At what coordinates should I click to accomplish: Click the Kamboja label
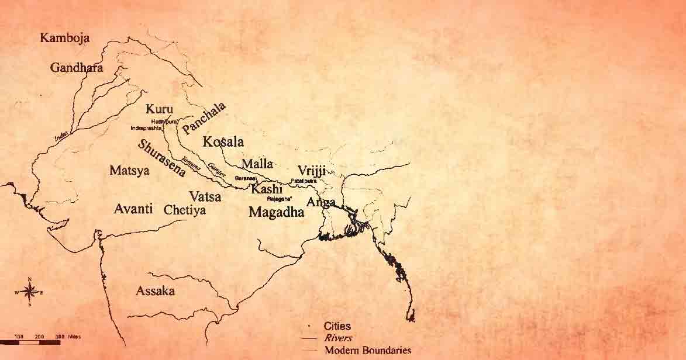coord(64,38)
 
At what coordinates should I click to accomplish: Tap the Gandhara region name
coord(77,68)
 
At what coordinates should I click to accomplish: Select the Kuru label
coord(159,109)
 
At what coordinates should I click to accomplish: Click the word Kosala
coord(223,142)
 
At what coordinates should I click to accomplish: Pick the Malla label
coord(257,164)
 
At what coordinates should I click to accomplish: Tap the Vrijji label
coord(311,170)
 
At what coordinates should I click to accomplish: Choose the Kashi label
coord(267,189)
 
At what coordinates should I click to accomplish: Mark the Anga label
coord(321,202)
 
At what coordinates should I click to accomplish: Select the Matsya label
coord(129,171)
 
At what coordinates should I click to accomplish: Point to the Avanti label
coord(133,209)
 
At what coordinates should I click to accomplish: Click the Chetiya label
coord(185,210)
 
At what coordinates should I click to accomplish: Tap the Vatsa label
coord(205,197)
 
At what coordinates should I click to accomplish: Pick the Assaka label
coord(155,291)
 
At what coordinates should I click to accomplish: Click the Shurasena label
coord(162,158)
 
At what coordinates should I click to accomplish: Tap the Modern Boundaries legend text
coord(367,351)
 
